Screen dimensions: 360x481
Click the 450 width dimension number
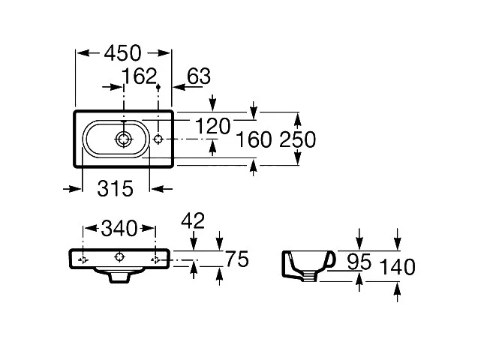click(x=123, y=52)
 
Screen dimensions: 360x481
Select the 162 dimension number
click(x=139, y=76)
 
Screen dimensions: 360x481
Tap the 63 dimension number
click(x=199, y=76)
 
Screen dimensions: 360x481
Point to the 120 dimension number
click(x=213, y=126)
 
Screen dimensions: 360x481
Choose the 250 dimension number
click(x=296, y=139)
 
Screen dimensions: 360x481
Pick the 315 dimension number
click(x=115, y=188)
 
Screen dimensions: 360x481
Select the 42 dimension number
click(x=194, y=220)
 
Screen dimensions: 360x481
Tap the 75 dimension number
click(x=236, y=259)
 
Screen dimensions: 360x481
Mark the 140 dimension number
click(x=398, y=267)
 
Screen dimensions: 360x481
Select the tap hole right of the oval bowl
click(x=158, y=139)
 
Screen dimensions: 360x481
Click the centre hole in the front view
click(x=119, y=258)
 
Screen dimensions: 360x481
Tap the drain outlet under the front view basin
click(x=119, y=277)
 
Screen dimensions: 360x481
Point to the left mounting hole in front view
click(x=83, y=259)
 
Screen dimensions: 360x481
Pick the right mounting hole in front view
click(x=155, y=259)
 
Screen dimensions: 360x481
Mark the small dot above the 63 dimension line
click(x=158, y=88)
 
